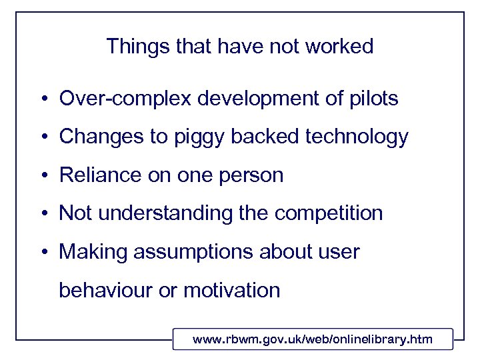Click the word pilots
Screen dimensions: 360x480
[x=371, y=99]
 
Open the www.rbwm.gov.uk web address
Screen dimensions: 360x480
[x=312, y=340]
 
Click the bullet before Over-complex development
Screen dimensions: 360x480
[x=42, y=100]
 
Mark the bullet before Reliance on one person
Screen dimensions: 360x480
[x=42, y=176]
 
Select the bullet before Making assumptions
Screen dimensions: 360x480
[x=42, y=253]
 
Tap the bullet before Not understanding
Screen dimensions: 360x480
[x=42, y=214]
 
